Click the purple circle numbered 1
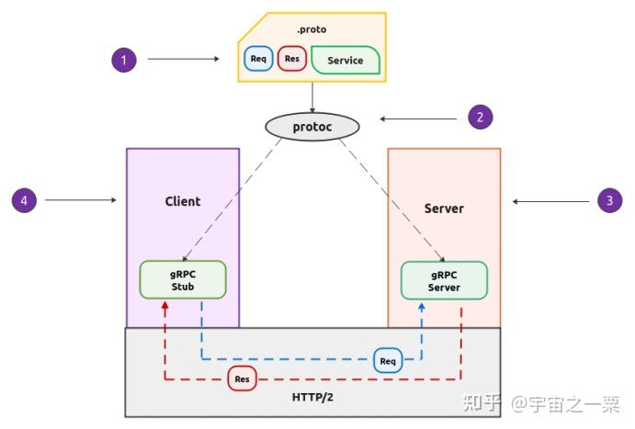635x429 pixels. (124, 60)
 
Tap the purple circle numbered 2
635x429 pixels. (481, 118)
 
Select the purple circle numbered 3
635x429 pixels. (610, 200)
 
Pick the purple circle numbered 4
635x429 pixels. (24, 200)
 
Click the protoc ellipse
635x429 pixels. (312, 127)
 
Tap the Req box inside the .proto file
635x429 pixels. (258, 59)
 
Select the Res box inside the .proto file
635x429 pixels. (292, 59)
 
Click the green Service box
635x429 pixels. (346, 61)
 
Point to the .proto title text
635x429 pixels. (312, 29)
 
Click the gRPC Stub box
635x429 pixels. (183, 280)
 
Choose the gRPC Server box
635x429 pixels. (444, 281)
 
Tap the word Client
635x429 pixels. (183, 201)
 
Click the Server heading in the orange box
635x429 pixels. (444, 209)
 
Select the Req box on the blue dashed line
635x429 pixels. (388, 361)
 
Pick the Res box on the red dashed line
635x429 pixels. (243, 378)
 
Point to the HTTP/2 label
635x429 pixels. (312, 398)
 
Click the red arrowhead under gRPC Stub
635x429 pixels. (164, 306)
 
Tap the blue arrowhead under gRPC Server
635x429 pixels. (422, 307)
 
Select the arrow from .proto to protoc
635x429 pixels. (312, 97)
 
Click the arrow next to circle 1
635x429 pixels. (184, 59)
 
